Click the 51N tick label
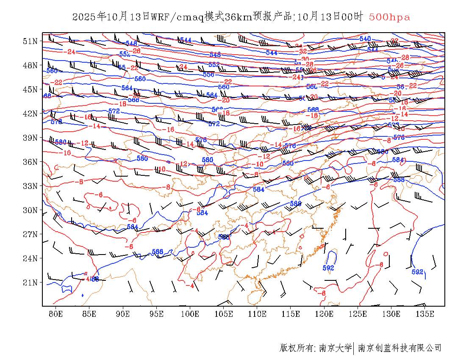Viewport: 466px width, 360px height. [31, 41]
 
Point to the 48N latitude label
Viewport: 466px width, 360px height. [31, 65]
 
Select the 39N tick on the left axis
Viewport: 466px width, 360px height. [31, 138]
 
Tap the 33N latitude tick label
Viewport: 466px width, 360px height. [31, 186]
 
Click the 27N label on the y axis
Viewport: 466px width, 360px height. [31, 234]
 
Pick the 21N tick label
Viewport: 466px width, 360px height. [31, 282]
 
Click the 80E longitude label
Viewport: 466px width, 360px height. [55, 314]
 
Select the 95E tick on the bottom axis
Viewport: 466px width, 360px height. [156, 314]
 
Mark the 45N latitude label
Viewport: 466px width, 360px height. [31, 89]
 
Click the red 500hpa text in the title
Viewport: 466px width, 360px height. [389, 17]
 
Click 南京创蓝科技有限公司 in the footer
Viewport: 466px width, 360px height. [400, 348]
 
